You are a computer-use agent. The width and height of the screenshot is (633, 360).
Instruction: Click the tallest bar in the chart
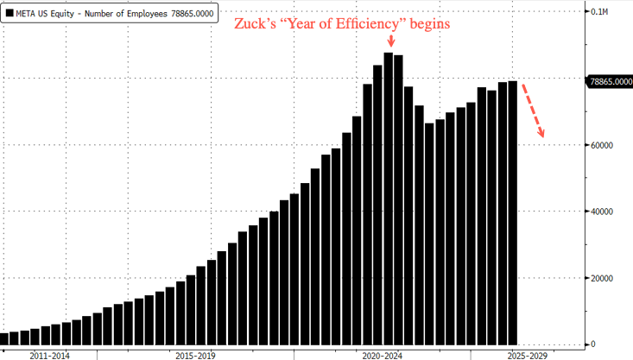(x=389, y=198)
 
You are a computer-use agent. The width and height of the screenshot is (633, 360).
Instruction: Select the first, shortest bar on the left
(x=3, y=338)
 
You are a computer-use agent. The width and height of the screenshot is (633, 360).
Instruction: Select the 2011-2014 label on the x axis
(x=49, y=354)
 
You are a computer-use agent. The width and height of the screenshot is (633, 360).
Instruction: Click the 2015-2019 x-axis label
(x=194, y=354)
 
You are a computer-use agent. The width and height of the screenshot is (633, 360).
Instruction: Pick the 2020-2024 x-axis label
(x=383, y=354)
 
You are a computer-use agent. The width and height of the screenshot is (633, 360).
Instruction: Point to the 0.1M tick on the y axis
(x=598, y=12)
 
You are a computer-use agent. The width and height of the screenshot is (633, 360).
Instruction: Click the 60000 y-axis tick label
(x=602, y=145)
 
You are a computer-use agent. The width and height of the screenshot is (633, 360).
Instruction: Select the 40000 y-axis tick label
(x=602, y=212)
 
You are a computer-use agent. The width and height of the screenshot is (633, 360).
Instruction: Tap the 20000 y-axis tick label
(x=602, y=278)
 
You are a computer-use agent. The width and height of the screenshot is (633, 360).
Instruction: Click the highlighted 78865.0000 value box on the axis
(x=610, y=81)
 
